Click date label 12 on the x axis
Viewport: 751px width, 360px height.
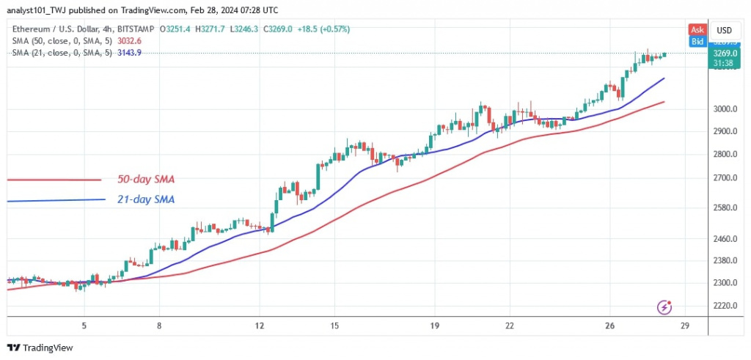tap(258, 326)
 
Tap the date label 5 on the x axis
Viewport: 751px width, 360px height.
tap(84, 326)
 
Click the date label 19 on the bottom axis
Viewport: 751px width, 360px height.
tap(434, 326)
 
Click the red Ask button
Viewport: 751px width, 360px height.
tap(697, 30)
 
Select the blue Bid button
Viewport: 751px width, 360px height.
tap(697, 42)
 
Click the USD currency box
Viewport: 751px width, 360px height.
tap(725, 30)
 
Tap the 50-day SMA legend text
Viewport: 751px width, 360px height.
tap(145, 180)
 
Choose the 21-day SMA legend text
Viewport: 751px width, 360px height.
tap(145, 199)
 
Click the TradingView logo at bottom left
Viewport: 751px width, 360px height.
tap(40, 348)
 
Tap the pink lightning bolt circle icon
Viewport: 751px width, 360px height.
tap(665, 306)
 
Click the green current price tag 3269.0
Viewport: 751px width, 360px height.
tap(725, 54)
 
